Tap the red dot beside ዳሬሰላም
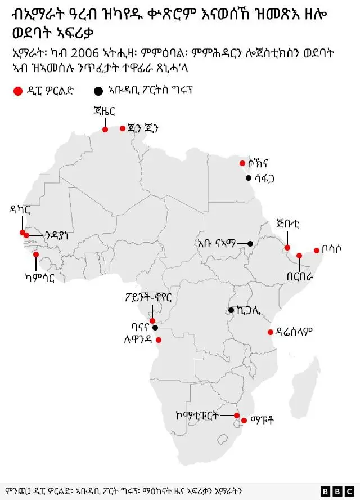tap(270, 332)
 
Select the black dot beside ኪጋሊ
tap(231, 310)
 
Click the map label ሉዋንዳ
tap(137, 340)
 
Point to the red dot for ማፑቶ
tap(244, 420)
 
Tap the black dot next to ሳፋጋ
tap(248, 178)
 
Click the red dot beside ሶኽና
tap(242, 163)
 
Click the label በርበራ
tap(299, 276)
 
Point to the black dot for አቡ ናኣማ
tap(250, 243)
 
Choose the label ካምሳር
tap(40, 277)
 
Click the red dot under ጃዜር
tap(105, 130)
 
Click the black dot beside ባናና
tap(155, 328)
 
